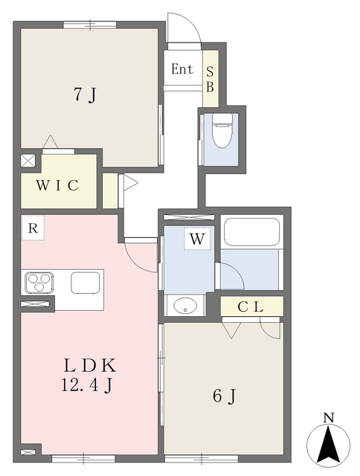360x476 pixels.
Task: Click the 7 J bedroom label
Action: pyautogui.click(x=85, y=94)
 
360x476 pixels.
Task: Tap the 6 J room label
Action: pyautogui.click(x=225, y=396)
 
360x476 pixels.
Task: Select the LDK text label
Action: pyautogui.click(x=89, y=365)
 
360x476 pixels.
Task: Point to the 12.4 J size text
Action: pyautogui.click(x=87, y=385)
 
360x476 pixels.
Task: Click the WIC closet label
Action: pyautogui.click(x=58, y=185)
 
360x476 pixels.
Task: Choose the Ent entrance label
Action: pyautogui.click(x=182, y=69)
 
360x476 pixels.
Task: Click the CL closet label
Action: pyautogui.click(x=251, y=307)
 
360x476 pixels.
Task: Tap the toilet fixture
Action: pyautogui.click(x=222, y=131)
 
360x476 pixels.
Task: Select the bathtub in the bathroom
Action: pyautogui.click(x=251, y=231)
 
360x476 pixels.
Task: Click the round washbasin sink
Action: pyautogui.click(x=185, y=305)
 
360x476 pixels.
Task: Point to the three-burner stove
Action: pyautogui.click(x=39, y=283)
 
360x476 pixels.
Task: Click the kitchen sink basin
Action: pyautogui.click(x=86, y=283)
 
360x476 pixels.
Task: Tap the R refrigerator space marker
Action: pyautogui.click(x=33, y=228)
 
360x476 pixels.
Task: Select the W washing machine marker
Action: pyautogui.click(x=197, y=239)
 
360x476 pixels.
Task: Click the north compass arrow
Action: pyautogui.click(x=328, y=444)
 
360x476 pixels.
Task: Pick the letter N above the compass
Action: pyautogui.click(x=329, y=418)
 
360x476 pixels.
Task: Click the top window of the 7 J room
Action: pyautogui.click(x=90, y=25)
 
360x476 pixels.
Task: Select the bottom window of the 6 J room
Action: pyautogui.click(x=202, y=458)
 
